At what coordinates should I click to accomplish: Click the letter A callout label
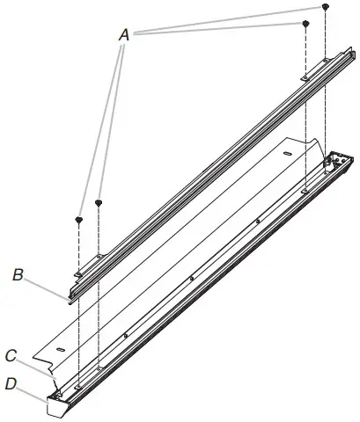pyautogui.click(x=124, y=34)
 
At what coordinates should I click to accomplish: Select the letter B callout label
pyautogui.click(x=18, y=275)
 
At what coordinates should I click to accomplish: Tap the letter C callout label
pyautogui.click(x=11, y=357)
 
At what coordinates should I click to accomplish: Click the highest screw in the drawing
pyautogui.click(x=326, y=7)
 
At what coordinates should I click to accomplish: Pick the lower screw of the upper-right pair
pyautogui.click(x=305, y=23)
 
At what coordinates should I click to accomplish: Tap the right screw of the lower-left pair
pyautogui.click(x=99, y=203)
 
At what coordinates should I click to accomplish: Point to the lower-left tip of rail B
pyautogui.click(x=70, y=297)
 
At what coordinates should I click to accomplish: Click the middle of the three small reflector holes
pyautogui.click(x=191, y=279)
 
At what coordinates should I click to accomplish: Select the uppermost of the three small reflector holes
pyautogui.click(x=256, y=222)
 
